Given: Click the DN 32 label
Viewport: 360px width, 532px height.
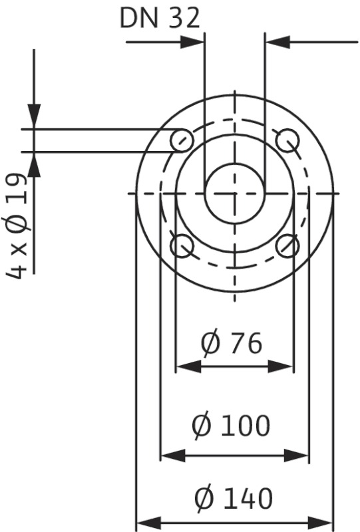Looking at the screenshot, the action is point(160,18).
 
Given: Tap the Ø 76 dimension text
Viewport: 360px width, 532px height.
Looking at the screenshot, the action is point(232,343).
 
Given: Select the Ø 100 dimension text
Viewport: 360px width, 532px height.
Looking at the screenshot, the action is point(232,425).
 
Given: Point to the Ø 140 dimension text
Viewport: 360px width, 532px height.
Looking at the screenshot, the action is point(234,498).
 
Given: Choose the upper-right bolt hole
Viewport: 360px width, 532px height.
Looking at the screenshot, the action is point(287,140).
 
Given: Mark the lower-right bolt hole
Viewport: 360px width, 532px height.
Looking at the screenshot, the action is point(287,245).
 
